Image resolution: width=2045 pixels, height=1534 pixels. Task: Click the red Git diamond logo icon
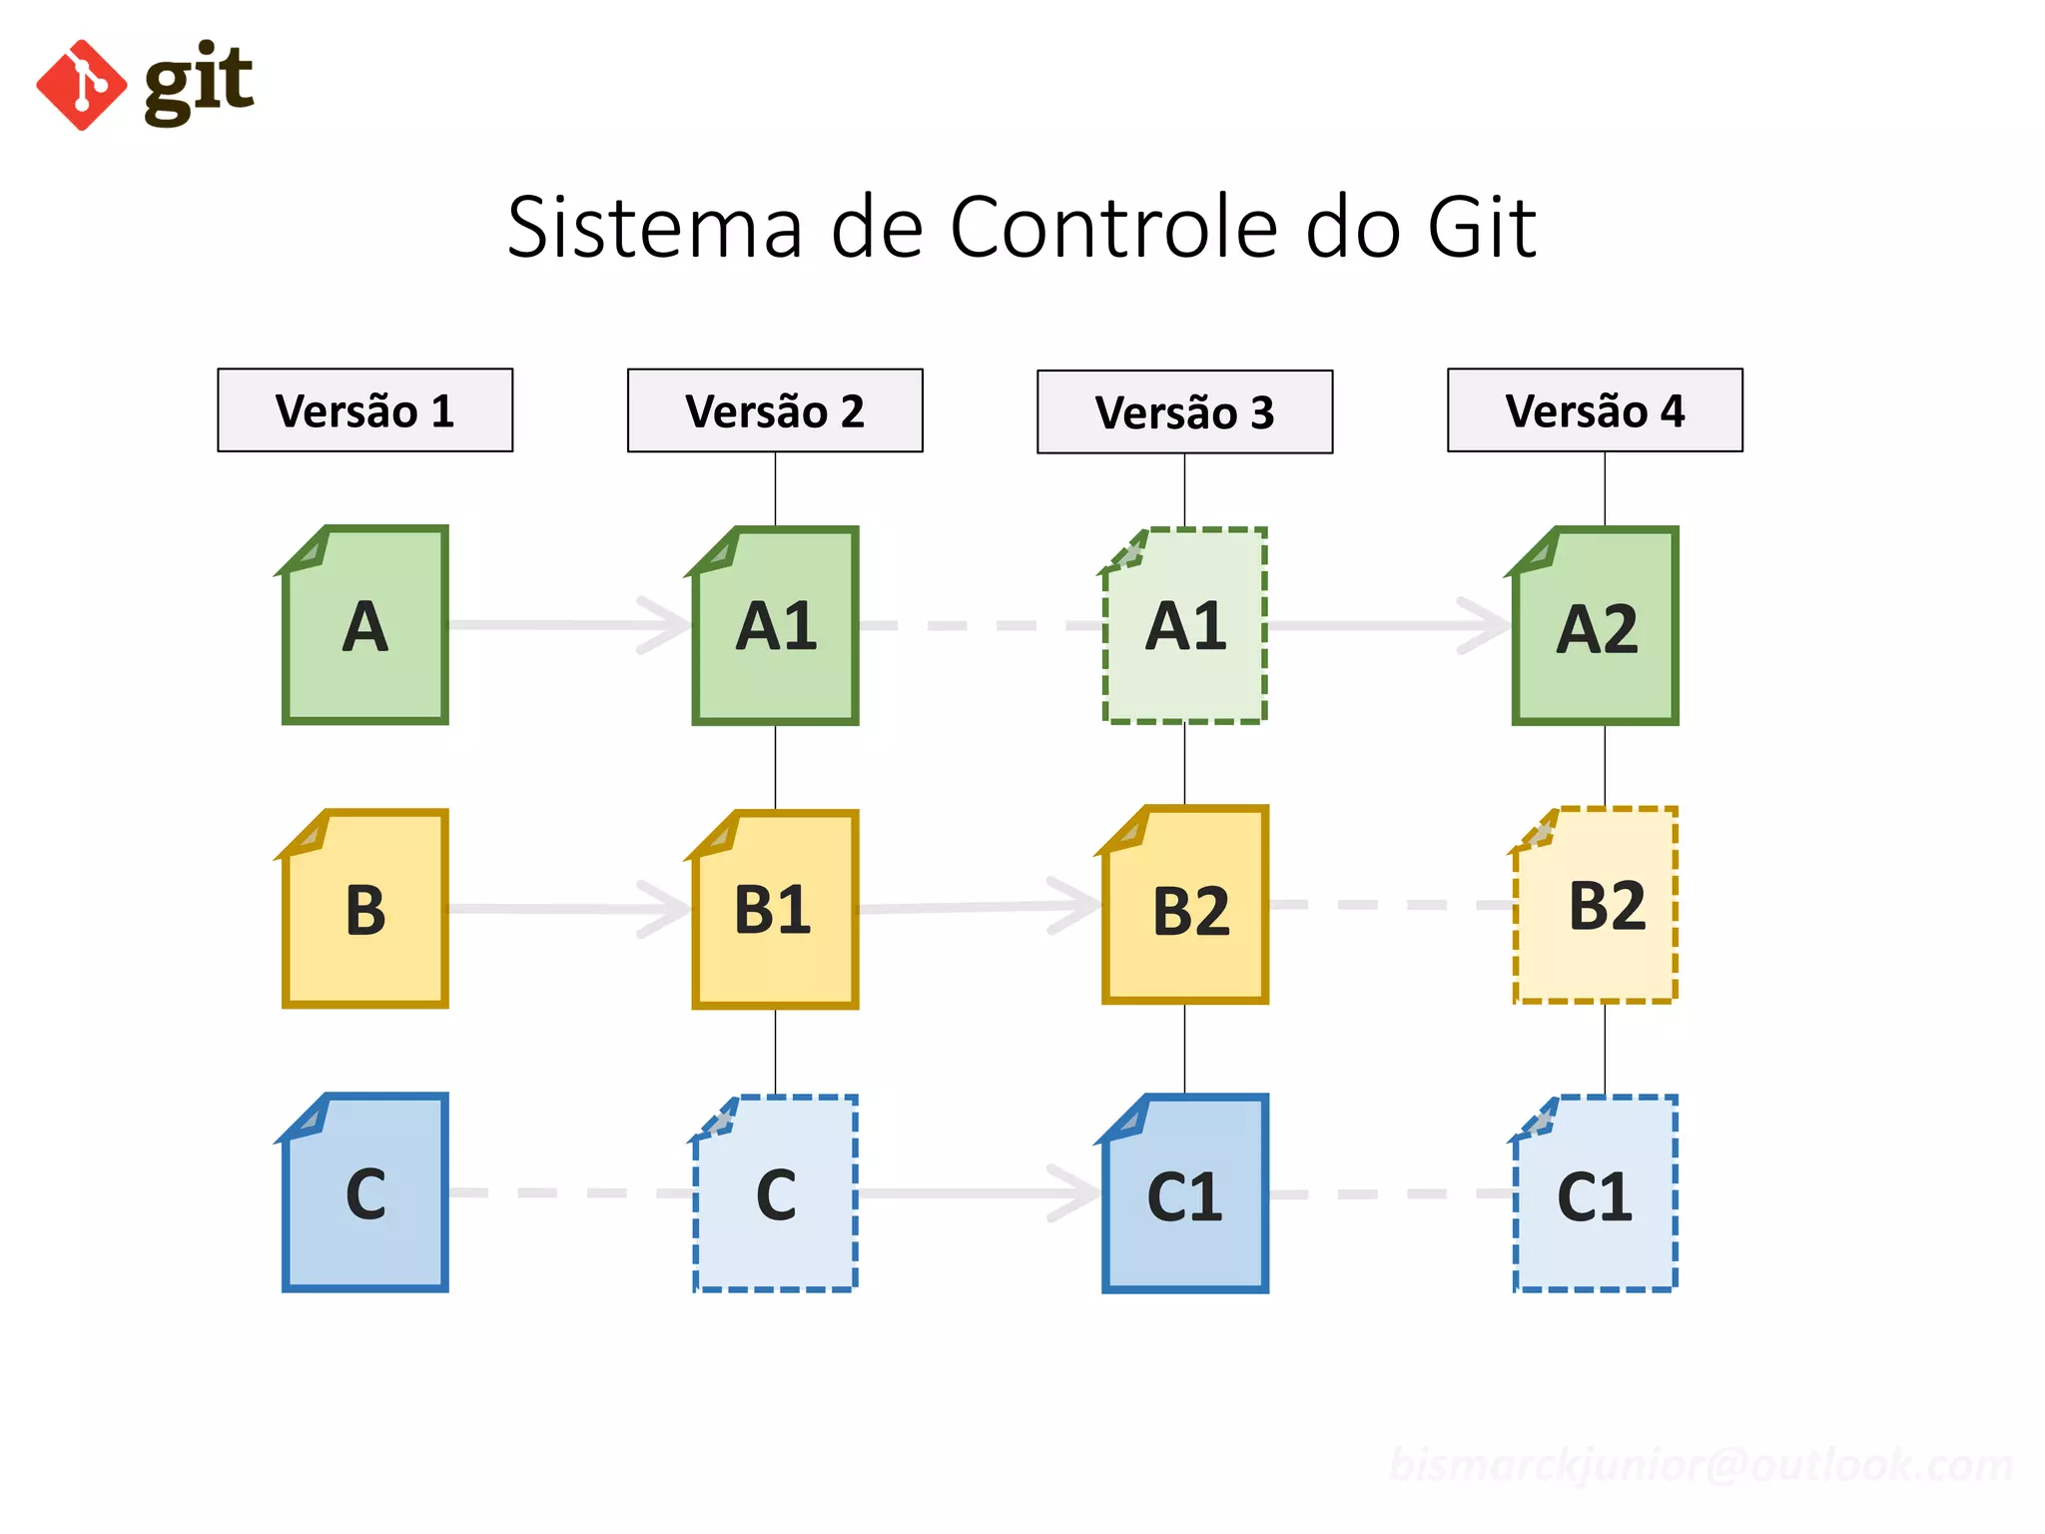[82, 85]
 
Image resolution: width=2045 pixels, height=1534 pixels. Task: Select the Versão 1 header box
[364, 410]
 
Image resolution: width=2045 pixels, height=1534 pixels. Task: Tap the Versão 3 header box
[1184, 412]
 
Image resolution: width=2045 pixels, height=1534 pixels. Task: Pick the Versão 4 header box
[1595, 410]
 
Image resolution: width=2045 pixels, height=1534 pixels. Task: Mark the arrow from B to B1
[559, 909]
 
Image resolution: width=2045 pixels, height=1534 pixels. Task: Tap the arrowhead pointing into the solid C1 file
[1074, 1193]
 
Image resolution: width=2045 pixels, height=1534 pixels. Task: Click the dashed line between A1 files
[979, 626]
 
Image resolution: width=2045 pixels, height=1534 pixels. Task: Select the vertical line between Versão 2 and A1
[775, 488]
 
